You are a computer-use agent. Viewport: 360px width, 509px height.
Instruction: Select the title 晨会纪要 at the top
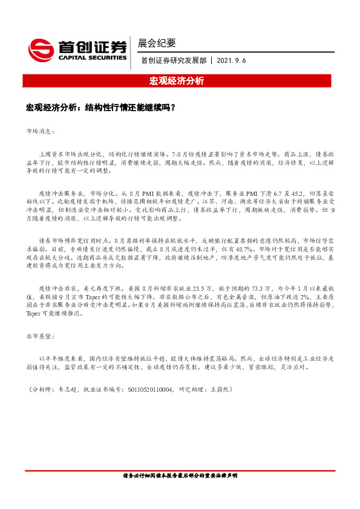(157, 43)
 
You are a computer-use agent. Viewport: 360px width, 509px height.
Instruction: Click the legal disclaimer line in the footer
(180, 476)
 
